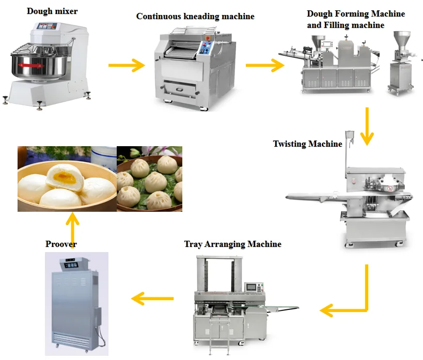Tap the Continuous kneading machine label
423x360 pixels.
click(195, 17)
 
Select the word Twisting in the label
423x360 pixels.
click(290, 144)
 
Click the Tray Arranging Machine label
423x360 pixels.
click(232, 244)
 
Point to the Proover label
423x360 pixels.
click(61, 244)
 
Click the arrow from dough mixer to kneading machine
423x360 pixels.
click(126, 65)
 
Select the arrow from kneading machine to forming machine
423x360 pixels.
click(264, 65)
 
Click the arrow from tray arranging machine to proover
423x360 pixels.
click(152, 298)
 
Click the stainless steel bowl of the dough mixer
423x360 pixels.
click(37, 67)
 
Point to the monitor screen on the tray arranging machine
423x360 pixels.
click(252, 287)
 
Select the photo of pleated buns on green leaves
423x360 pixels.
click(149, 179)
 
